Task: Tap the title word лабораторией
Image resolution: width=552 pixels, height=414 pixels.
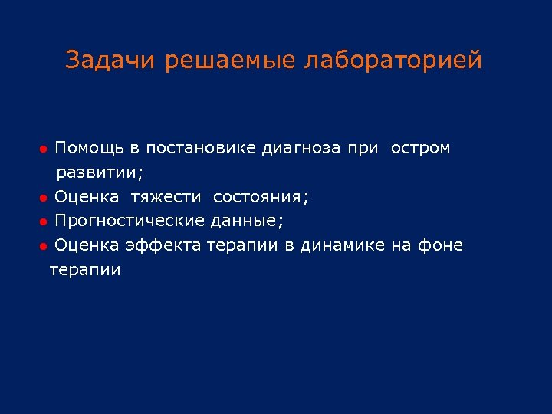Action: pos(393,60)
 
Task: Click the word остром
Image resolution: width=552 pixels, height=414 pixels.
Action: pos(421,148)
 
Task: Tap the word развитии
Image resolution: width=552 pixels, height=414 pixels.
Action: pos(100,172)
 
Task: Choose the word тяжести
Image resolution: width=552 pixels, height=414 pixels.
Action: pos(166,197)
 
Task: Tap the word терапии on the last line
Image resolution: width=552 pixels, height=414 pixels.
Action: pos(85,271)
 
